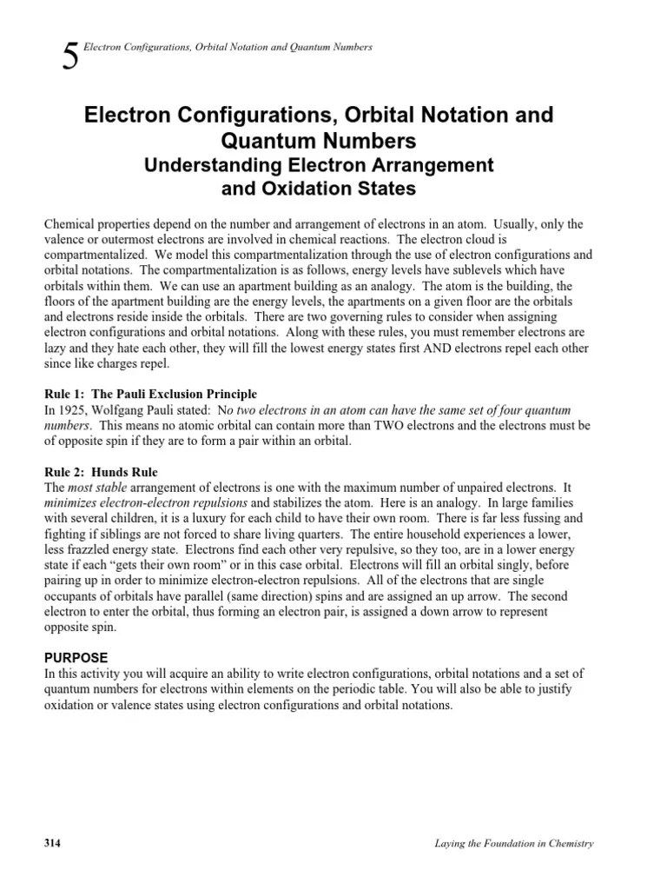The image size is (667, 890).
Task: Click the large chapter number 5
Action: (x=71, y=57)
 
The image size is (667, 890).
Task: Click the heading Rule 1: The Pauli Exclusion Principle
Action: (x=150, y=394)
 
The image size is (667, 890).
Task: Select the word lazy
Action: (x=56, y=348)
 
